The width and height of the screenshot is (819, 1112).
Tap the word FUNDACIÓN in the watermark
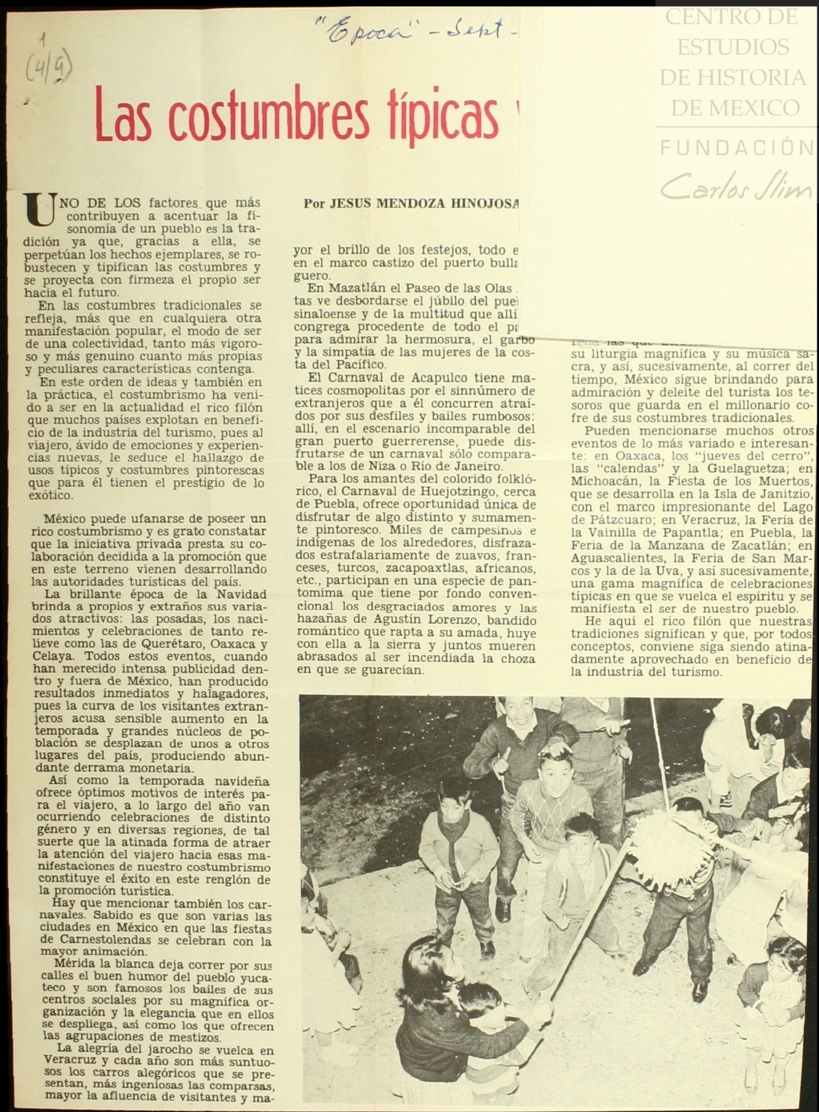(x=736, y=148)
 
